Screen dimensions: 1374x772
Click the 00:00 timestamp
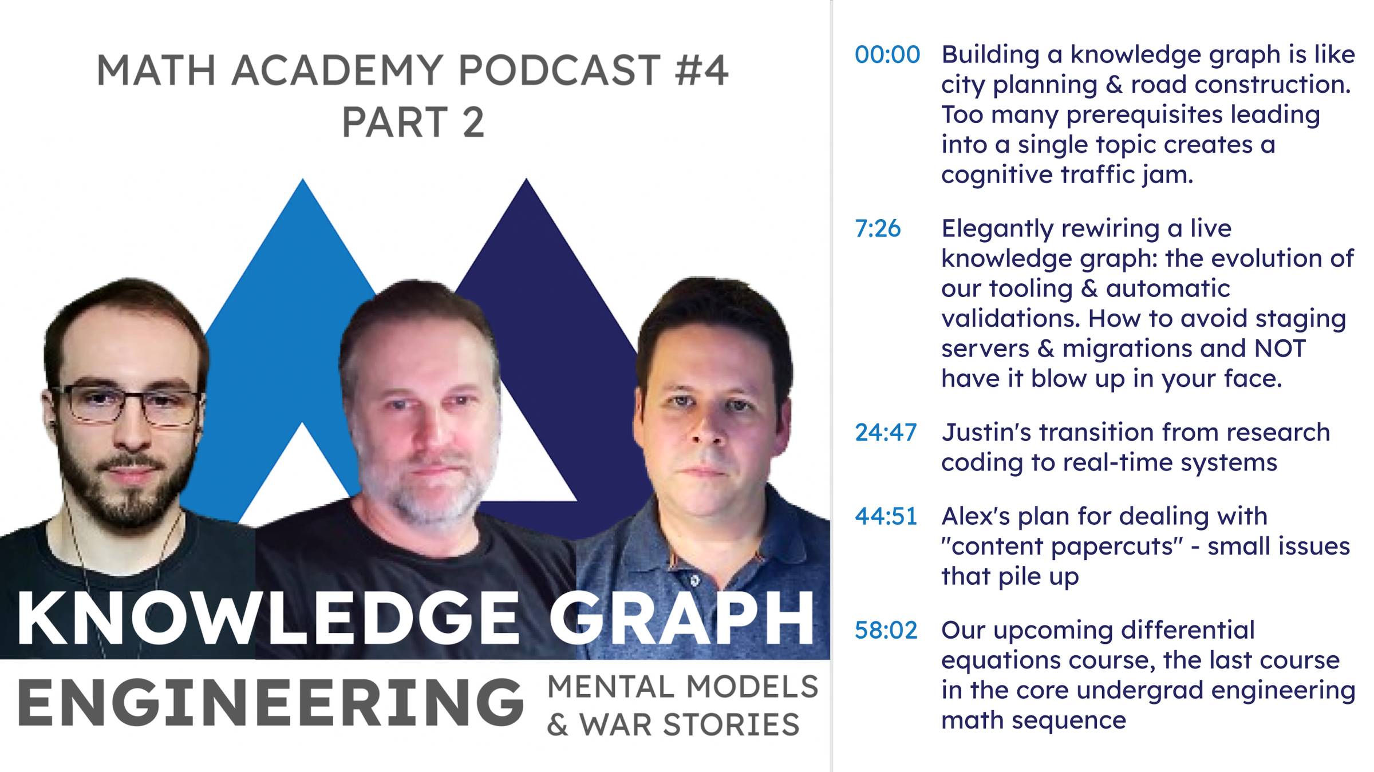click(x=887, y=55)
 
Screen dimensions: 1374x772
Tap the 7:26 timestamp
click(x=878, y=228)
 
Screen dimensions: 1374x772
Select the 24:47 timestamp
click(x=886, y=433)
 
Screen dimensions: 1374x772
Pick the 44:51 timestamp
click(x=886, y=516)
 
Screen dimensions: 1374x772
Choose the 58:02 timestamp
click(x=886, y=630)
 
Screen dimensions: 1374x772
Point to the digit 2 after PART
click(x=472, y=122)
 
